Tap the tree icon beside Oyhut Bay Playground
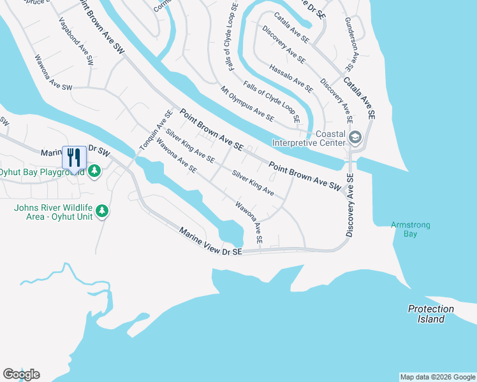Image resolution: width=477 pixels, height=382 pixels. tap(94, 171)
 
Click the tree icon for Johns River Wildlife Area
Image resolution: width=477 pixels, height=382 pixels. tap(101, 211)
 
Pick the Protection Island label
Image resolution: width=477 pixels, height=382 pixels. tap(431, 314)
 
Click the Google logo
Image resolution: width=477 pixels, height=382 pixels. tap(21, 374)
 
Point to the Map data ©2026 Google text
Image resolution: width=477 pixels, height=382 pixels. tap(437, 377)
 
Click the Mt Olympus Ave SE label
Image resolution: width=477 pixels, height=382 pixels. tap(247, 104)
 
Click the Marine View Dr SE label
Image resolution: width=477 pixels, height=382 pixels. tap(210, 243)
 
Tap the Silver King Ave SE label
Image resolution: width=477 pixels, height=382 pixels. tap(190, 146)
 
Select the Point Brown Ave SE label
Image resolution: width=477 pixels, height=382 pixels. tap(211, 129)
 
